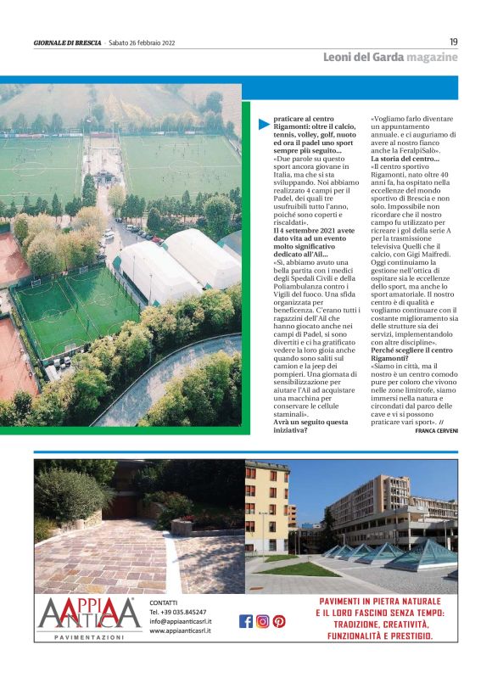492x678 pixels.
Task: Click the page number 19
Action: pyautogui.click(x=453, y=42)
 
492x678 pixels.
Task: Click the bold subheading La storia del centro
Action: pyautogui.click(x=405, y=159)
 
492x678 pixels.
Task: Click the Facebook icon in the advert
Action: pyautogui.click(x=246, y=621)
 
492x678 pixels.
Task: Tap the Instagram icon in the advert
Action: pyautogui.click(x=262, y=621)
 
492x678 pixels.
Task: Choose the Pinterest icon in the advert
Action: pyautogui.click(x=278, y=621)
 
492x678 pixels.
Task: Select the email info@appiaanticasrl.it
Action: pyautogui.click(x=181, y=621)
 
